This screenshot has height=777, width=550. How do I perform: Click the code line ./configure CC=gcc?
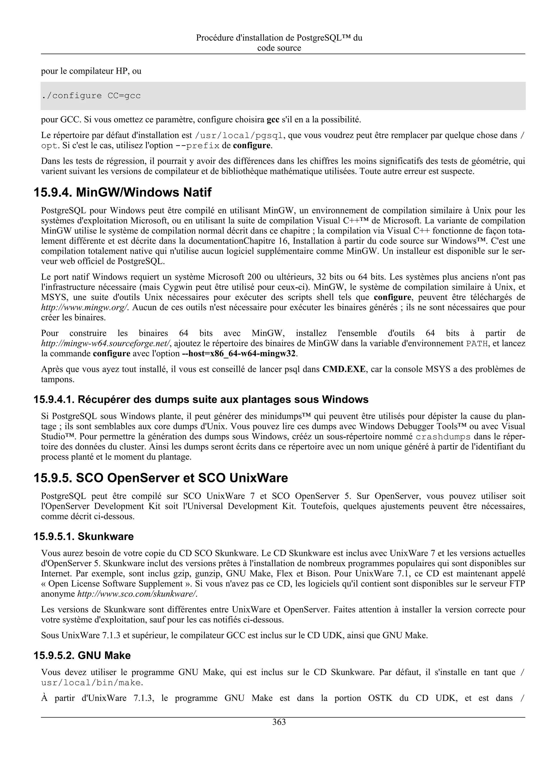click(x=91, y=96)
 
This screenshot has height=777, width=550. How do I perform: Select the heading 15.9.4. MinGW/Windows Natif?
click(x=122, y=193)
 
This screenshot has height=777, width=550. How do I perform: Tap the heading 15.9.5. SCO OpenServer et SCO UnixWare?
click(x=161, y=478)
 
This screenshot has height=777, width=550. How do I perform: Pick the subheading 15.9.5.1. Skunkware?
click(x=83, y=536)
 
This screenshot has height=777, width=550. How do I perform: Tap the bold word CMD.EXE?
click(x=344, y=369)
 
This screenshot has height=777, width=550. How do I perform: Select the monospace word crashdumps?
click(x=443, y=436)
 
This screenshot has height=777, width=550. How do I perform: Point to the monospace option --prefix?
click(x=197, y=146)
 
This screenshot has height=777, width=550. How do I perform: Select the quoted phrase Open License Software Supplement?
click(x=115, y=584)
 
